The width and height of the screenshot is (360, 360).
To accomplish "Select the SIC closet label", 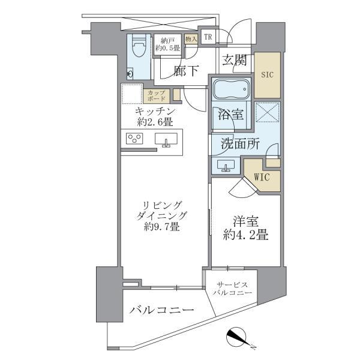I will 266,76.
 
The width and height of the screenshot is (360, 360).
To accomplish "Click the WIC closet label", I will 262,178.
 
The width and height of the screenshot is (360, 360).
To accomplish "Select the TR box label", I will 208,37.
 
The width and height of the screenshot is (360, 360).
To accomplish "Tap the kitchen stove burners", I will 134,139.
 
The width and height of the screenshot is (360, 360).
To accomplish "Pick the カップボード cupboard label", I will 155,95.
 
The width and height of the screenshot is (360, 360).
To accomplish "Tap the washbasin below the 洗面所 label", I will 227,166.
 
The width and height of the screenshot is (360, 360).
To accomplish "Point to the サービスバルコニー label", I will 232,288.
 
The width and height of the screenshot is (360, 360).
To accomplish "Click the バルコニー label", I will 161,311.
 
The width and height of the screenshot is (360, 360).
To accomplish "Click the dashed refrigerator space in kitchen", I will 131,95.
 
